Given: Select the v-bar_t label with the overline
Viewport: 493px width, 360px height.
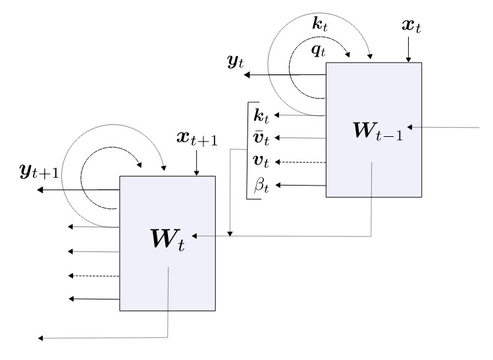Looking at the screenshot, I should tap(261, 138).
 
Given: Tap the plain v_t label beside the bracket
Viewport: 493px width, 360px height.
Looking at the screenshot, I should tap(261, 161).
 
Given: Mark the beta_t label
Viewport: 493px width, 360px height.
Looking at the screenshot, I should tap(261, 185).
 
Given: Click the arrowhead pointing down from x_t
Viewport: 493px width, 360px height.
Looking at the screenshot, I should tap(408, 59).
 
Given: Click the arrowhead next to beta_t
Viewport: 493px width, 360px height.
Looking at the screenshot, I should tap(276, 185).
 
